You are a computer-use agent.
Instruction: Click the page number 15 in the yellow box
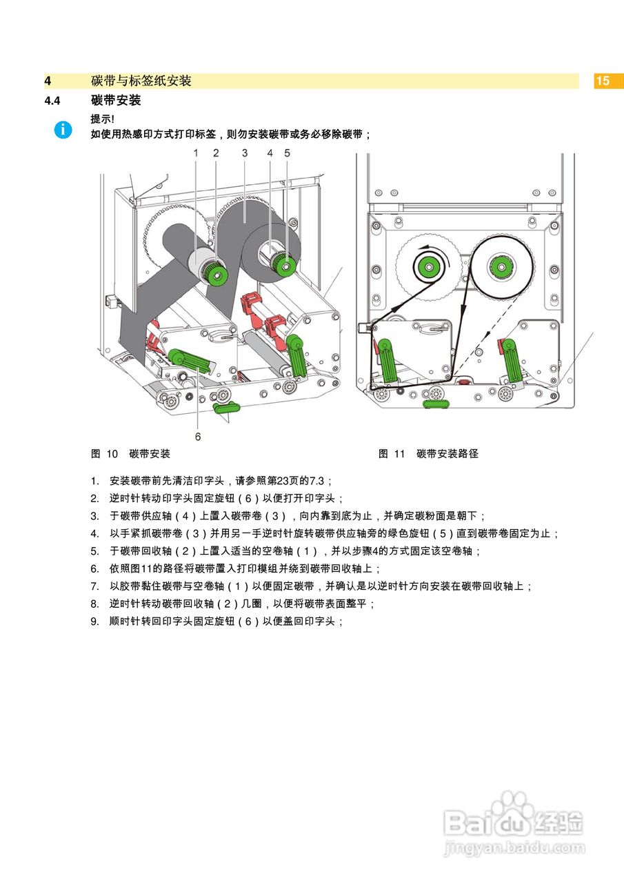point(603,81)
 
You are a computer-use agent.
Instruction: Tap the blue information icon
point(63,129)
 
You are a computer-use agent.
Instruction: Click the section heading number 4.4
point(52,101)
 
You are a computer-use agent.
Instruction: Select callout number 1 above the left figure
point(196,153)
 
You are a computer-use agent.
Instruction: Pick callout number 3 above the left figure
point(245,153)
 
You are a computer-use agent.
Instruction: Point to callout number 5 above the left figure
point(287,153)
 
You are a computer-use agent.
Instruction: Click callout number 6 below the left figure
point(198,436)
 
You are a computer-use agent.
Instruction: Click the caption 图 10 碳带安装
point(130,453)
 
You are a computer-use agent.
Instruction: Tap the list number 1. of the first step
point(95,480)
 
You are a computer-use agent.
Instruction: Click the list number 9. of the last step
point(95,621)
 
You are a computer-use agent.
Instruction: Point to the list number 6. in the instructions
point(95,568)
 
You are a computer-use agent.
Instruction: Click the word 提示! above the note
point(102,119)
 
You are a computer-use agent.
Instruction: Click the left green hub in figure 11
point(427,266)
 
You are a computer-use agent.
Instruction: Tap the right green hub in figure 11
point(499,266)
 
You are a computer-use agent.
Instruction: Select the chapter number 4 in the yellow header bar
point(48,81)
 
